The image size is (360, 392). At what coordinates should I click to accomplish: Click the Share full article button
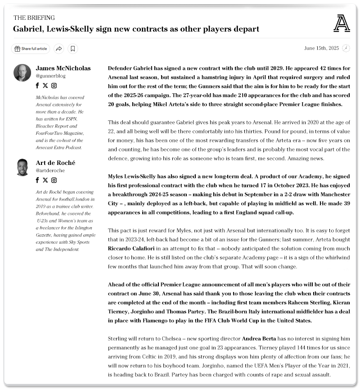pos(31,49)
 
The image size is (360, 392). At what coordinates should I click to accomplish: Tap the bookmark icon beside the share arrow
pos(73,49)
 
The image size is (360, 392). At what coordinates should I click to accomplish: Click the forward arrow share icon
pos(58,49)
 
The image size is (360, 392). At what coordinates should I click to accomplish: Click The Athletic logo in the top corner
pos(342,23)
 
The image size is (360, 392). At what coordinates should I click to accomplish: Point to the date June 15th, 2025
pos(321,48)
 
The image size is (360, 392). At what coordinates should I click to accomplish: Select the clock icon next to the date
pos(346,48)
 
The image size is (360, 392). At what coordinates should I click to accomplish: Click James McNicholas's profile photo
pos(22,73)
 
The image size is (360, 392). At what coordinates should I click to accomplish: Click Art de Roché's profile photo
pos(22,167)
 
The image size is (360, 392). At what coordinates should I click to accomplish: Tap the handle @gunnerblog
pos(51,77)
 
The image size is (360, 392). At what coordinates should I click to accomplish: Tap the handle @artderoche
pos(50,171)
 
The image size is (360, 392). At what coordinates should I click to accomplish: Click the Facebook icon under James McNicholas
pos(37,86)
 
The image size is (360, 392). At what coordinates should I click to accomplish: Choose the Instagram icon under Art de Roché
pos(54,180)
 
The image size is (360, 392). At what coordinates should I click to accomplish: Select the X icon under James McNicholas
pos(45,86)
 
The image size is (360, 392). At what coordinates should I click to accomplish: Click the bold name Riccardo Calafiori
pos(132,248)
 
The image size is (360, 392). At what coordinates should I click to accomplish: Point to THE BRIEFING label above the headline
pos(34,18)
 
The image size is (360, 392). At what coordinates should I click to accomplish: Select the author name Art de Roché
pos(55,163)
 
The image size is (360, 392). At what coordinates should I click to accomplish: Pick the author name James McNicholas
pos(63,68)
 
